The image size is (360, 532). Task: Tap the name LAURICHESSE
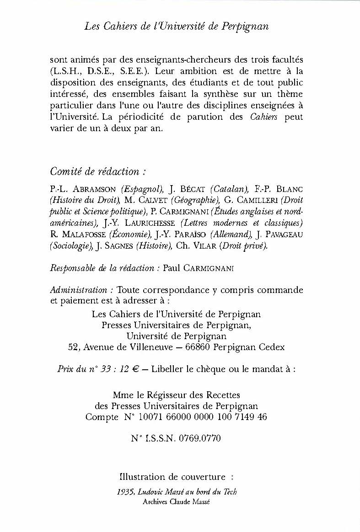pyautogui.click(x=146, y=223)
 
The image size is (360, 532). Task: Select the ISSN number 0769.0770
pyautogui.click(x=200, y=439)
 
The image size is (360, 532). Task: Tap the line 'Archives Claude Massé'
pyautogui.click(x=177, y=501)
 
